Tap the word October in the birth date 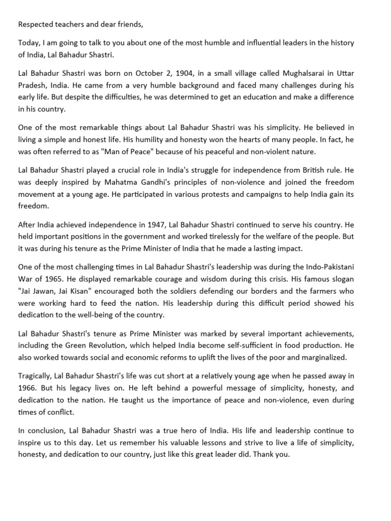tap(140, 72)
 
